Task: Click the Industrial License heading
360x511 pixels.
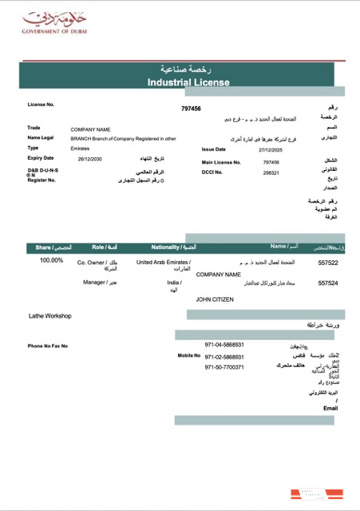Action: point(188,82)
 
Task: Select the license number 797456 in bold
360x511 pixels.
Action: point(191,109)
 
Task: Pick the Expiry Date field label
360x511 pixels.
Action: point(41,158)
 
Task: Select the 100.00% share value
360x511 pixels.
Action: point(52,260)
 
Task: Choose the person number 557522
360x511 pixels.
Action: point(328,262)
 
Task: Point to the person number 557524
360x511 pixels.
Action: point(328,283)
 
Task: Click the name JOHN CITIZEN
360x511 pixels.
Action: point(218,299)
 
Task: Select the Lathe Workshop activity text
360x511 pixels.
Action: point(50,316)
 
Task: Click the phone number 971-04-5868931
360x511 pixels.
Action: point(224,345)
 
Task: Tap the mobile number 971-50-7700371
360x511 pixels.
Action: point(224,367)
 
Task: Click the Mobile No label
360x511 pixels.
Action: point(188,355)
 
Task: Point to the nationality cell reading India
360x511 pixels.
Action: point(173,283)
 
